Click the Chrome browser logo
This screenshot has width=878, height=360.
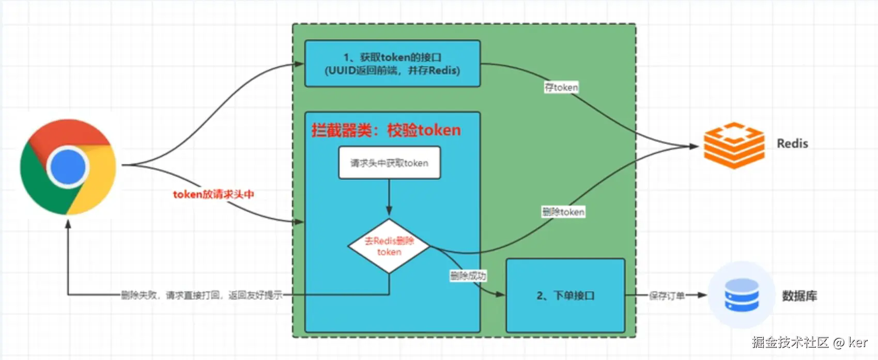pyautogui.click(x=68, y=167)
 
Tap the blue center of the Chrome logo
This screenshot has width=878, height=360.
pyautogui.click(x=68, y=167)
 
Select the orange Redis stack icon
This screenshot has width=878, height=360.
pyautogui.click(x=734, y=145)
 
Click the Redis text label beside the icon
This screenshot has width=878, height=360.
pyautogui.click(x=792, y=144)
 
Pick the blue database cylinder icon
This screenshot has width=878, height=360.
pyautogui.click(x=742, y=295)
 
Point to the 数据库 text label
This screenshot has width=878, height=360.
pyautogui.click(x=799, y=296)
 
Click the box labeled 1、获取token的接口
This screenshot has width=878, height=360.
pyautogui.click(x=392, y=64)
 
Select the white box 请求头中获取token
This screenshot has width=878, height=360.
pyautogui.click(x=389, y=163)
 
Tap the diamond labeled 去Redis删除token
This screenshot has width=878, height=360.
pyautogui.click(x=389, y=246)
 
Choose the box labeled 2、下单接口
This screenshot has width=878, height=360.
pyautogui.click(x=565, y=295)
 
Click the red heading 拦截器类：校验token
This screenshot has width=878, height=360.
pyautogui.click(x=386, y=130)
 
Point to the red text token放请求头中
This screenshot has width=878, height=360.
pyautogui.click(x=213, y=194)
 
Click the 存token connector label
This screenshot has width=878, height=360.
pyautogui.click(x=561, y=87)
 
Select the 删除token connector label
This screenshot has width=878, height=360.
pyautogui.click(x=563, y=212)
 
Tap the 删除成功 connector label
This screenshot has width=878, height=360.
pyautogui.click(x=468, y=276)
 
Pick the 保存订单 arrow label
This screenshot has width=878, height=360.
pyautogui.click(x=667, y=295)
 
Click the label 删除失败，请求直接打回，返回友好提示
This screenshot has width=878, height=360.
pyautogui.click(x=202, y=295)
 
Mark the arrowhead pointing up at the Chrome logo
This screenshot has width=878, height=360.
pyautogui.click(x=68, y=224)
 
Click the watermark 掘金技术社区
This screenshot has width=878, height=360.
pyautogui.click(x=790, y=342)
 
